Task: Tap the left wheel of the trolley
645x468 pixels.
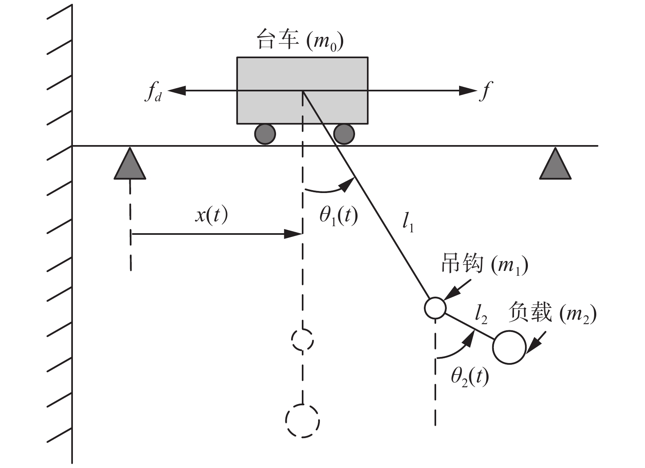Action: pos(265,134)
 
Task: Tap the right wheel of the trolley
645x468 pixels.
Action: pos(344,134)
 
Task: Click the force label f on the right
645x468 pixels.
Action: pos(485,91)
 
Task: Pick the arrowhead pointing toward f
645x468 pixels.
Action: pos(468,91)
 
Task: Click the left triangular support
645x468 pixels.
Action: pos(130,164)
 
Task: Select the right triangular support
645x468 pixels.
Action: pos(555,164)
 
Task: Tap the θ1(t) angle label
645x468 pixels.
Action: pos(338,216)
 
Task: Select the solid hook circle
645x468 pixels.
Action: pos(435,308)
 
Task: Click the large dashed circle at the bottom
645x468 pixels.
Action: pos(302,421)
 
